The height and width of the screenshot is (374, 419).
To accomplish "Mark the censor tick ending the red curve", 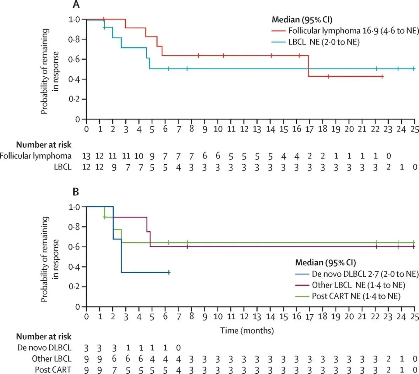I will [x=382, y=77].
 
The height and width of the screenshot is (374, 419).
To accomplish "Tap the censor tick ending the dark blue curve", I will [x=169, y=272].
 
